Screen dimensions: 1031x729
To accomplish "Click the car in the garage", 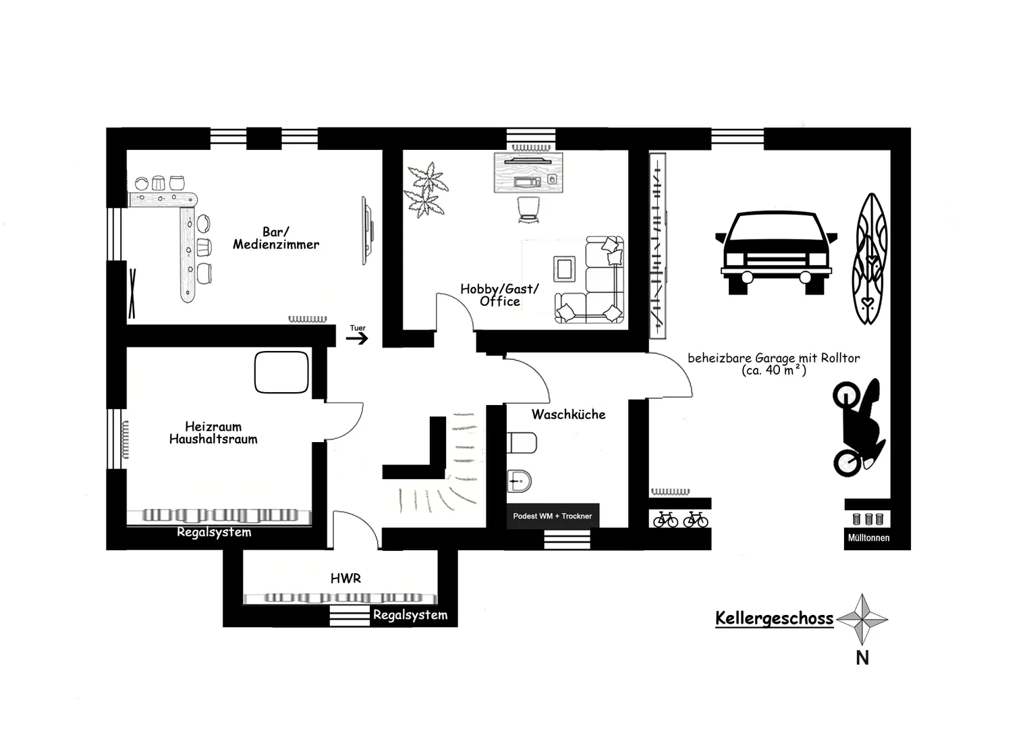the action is [x=776, y=252].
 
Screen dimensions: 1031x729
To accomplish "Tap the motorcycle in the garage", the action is [x=858, y=427].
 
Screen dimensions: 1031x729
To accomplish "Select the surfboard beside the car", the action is [x=870, y=259].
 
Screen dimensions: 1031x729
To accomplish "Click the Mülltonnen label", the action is [x=868, y=537].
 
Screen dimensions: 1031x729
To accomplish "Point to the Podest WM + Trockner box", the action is [x=553, y=516].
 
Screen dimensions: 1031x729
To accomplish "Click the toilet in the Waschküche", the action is [x=522, y=443].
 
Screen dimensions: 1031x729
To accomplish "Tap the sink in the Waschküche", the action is [x=520, y=481].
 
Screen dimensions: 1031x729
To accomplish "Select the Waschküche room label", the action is [x=568, y=414].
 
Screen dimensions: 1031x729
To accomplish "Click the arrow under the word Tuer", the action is [x=357, y=338].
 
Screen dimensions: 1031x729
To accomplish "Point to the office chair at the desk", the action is [x=528, y=209].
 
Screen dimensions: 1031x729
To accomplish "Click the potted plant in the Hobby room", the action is [x=425, y=190].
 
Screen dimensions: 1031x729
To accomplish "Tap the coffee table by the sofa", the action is [x=564, y=269].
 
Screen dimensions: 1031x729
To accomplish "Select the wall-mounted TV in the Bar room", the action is [x=367, y=230].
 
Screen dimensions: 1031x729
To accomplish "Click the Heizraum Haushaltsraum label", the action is [x=213, y=433].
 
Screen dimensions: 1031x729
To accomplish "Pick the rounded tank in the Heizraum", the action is [x=281, y=372].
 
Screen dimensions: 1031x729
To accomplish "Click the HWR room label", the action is [x=345, y=578].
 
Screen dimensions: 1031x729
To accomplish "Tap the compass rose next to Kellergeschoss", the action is [x=862, y=620].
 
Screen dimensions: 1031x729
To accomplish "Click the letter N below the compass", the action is [x=862, y=658].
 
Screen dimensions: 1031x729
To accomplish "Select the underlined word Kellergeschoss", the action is [x=774, y=618].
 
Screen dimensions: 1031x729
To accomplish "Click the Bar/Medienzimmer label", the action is [x=276, y=238].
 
